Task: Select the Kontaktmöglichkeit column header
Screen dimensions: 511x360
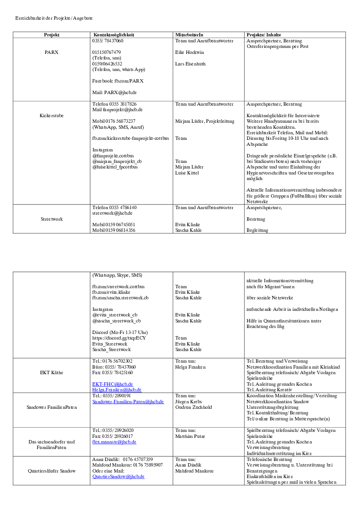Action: [x=114, y=35]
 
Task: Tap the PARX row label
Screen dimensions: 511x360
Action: [x=51, y=52]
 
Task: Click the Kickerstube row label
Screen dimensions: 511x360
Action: [x=51, y=115]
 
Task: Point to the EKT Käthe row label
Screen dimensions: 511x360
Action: [x=51, y=372]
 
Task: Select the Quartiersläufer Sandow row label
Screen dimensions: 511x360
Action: [x=51, y=471]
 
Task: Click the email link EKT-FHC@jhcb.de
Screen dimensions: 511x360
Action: [x=112, y=384]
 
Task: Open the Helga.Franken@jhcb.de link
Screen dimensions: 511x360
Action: [x=117, y=390]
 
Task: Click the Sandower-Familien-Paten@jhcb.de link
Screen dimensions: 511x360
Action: [x=128, y=402]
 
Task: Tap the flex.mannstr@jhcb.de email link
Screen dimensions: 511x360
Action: [x=114, y=442]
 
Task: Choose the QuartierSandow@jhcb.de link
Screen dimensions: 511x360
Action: [x=118, y=476]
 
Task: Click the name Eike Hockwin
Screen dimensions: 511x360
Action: [x=189, y=52]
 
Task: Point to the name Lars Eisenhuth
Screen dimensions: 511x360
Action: [x=190, y=64]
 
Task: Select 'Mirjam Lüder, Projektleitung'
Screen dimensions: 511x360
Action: [x=205, y=121]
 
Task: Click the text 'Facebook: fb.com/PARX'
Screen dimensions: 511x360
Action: [x=118, y=80]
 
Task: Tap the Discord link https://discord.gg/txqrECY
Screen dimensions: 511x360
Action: [x=119, y=338]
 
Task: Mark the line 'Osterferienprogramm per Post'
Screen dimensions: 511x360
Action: [x=277, y=46]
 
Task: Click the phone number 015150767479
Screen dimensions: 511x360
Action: [x=106, y=52]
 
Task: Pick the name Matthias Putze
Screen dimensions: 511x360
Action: [x=190, y=436]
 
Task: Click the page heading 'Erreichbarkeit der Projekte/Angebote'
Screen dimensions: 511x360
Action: [x=54, y=18]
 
